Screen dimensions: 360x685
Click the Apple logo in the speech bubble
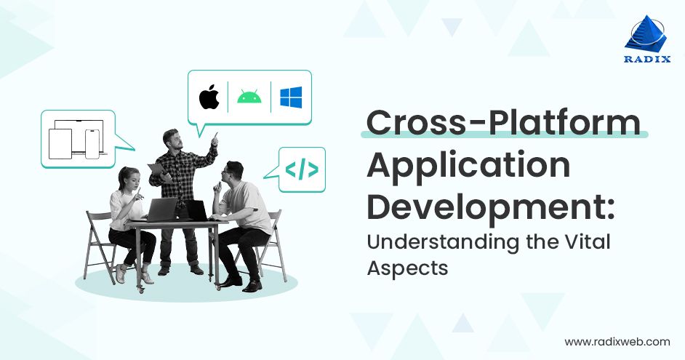210,97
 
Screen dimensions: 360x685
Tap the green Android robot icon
249,97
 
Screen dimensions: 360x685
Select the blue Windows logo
291,97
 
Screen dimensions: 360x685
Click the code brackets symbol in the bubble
301,170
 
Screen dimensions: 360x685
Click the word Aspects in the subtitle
406,267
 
